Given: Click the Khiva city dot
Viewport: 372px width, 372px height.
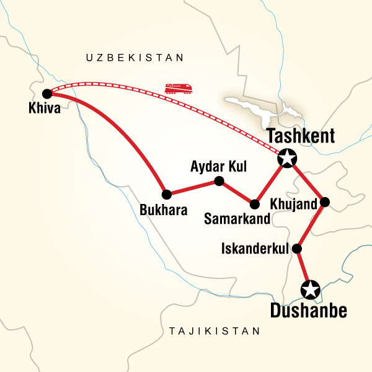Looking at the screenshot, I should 46,94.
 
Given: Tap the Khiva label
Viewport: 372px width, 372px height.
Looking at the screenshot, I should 45,110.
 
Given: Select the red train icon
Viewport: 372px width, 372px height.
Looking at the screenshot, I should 178,89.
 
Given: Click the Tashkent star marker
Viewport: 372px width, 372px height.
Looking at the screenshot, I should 286,159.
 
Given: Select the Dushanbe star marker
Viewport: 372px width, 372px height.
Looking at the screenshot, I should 309,289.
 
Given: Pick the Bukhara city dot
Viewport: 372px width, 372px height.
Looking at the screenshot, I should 166,194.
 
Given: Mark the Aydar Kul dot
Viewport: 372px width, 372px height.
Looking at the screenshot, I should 218,181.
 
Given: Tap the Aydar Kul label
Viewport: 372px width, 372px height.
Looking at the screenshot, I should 219,166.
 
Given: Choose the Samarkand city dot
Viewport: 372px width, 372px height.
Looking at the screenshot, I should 254,203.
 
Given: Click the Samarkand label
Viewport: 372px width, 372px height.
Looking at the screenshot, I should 237,218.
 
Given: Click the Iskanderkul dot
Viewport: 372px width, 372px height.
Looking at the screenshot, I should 297,249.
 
